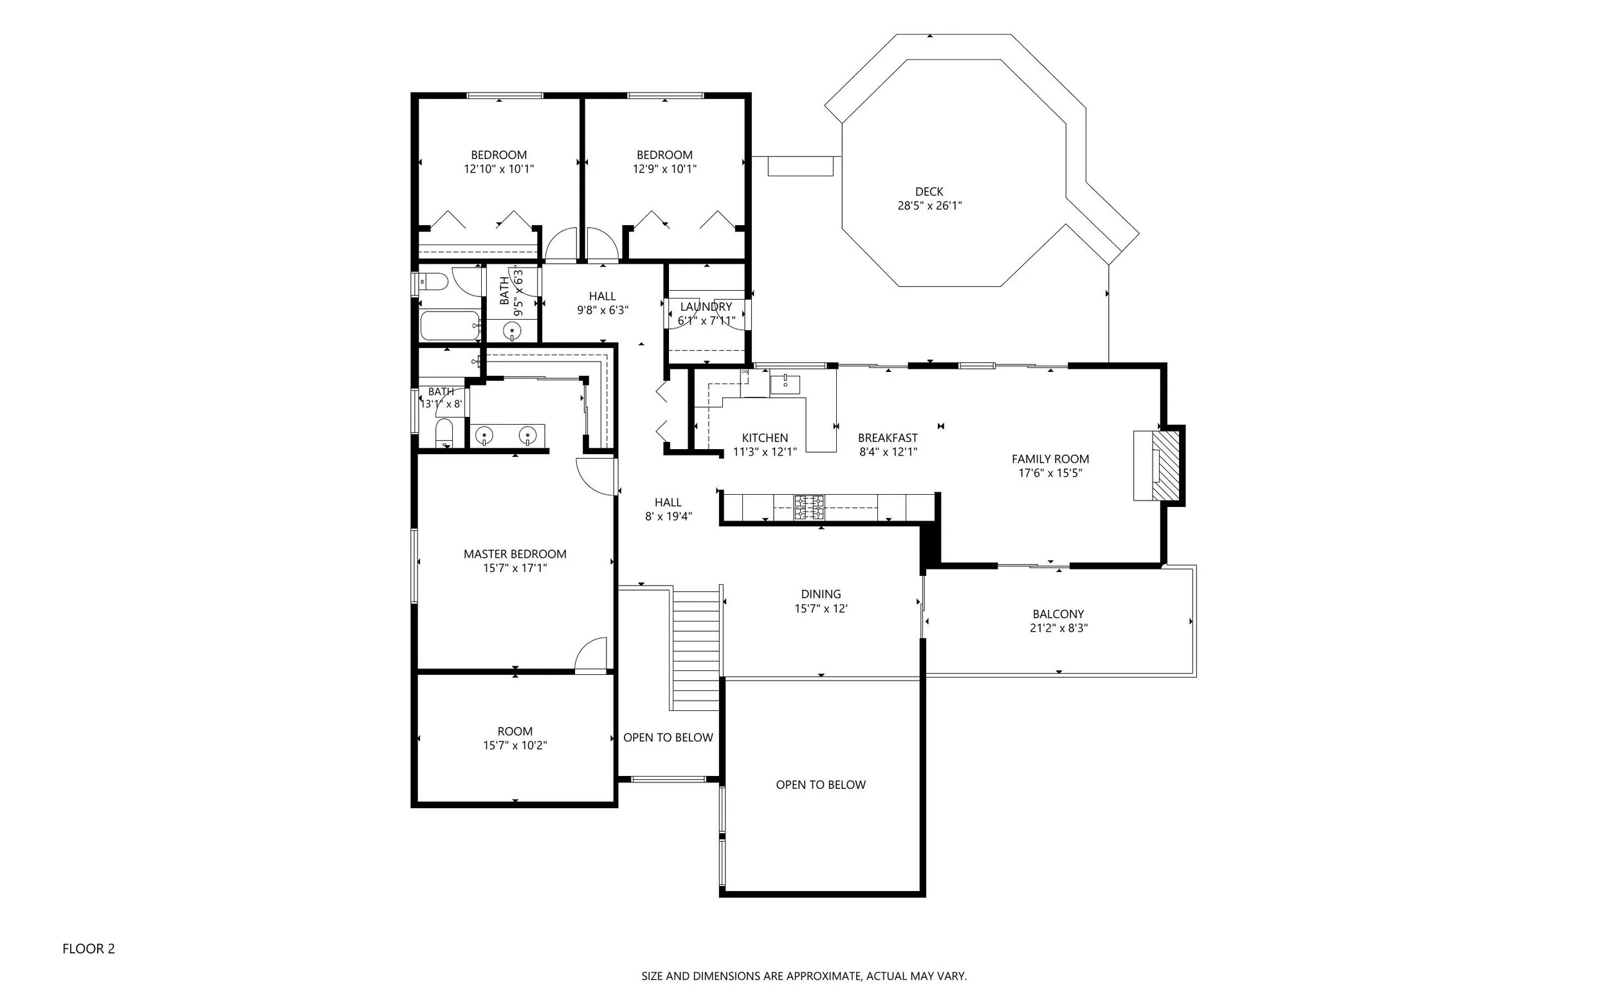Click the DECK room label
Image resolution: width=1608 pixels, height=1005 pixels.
pyautogui.click(x=929, y=192)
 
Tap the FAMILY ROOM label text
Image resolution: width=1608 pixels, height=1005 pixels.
pyautogui.click(x=1050, y=459)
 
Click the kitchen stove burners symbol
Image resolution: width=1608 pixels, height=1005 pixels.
pyautogui.click(x=809, y=507)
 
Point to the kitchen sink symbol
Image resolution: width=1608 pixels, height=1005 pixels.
pyautogui.click(x=785, y=384)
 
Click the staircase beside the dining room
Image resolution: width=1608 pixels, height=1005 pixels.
pyautogui.click(x=697, y=649)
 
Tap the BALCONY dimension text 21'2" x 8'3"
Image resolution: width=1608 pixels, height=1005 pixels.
pyautogui.click(x=1059, y=628)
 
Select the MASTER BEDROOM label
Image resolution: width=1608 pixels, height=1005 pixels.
pyautogui.click(x=515, y=555)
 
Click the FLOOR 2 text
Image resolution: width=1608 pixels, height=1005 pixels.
pyautogui.click(x=88, y=949)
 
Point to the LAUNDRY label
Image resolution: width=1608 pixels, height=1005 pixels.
pyautogui.click(x=706, y=307)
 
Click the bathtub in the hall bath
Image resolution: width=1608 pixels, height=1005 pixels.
pyautogui.click(x=450, y=326)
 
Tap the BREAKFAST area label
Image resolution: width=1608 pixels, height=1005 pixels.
pyautogui.click(x=888, y=438)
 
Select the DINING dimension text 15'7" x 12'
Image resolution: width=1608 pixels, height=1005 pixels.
pyautogui.click(x=821, y=609)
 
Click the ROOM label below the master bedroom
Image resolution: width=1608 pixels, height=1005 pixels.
pyautogui.click(x=515, y=731)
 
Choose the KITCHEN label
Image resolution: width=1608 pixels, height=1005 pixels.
pyautogui.click(x=765, y=438)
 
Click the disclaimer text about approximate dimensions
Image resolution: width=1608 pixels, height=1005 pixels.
pyautogui.click(x=804, y=977)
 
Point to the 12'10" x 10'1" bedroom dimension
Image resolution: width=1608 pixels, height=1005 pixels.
pyautogui.click(x=499, y=169)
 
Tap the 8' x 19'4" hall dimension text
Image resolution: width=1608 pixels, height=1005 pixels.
pyautogui.click(x=668, y=517)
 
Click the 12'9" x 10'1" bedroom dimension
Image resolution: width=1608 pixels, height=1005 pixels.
pyautogui.click(x=664, y=169)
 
